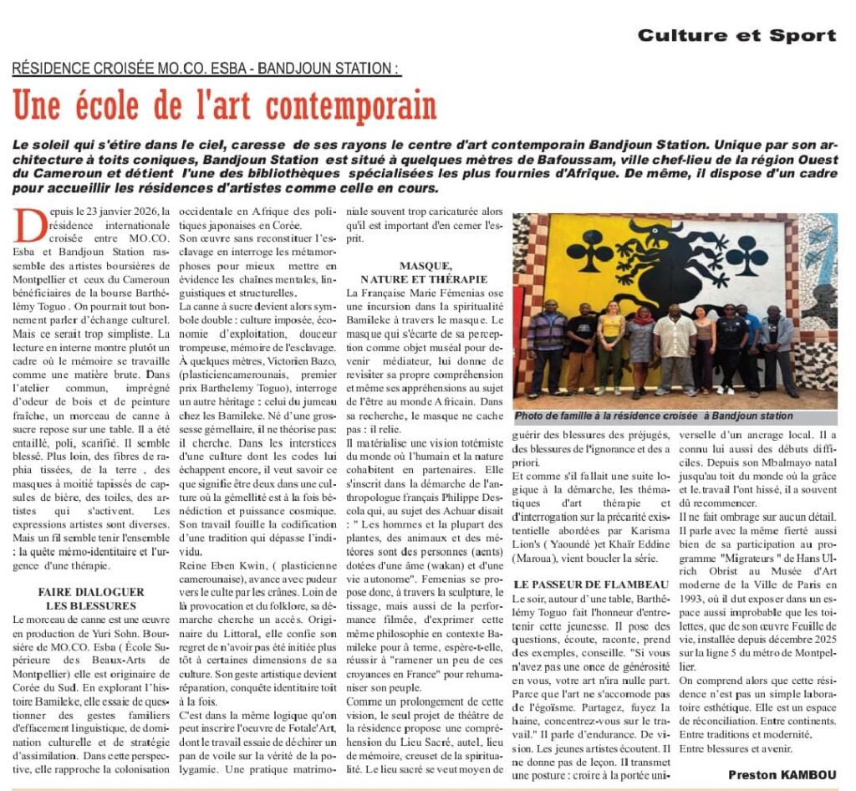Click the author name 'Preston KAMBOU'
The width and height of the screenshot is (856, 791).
(782, 774)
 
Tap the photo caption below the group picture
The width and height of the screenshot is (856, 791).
(654, 416)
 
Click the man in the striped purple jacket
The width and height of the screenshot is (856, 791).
(547, 347)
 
